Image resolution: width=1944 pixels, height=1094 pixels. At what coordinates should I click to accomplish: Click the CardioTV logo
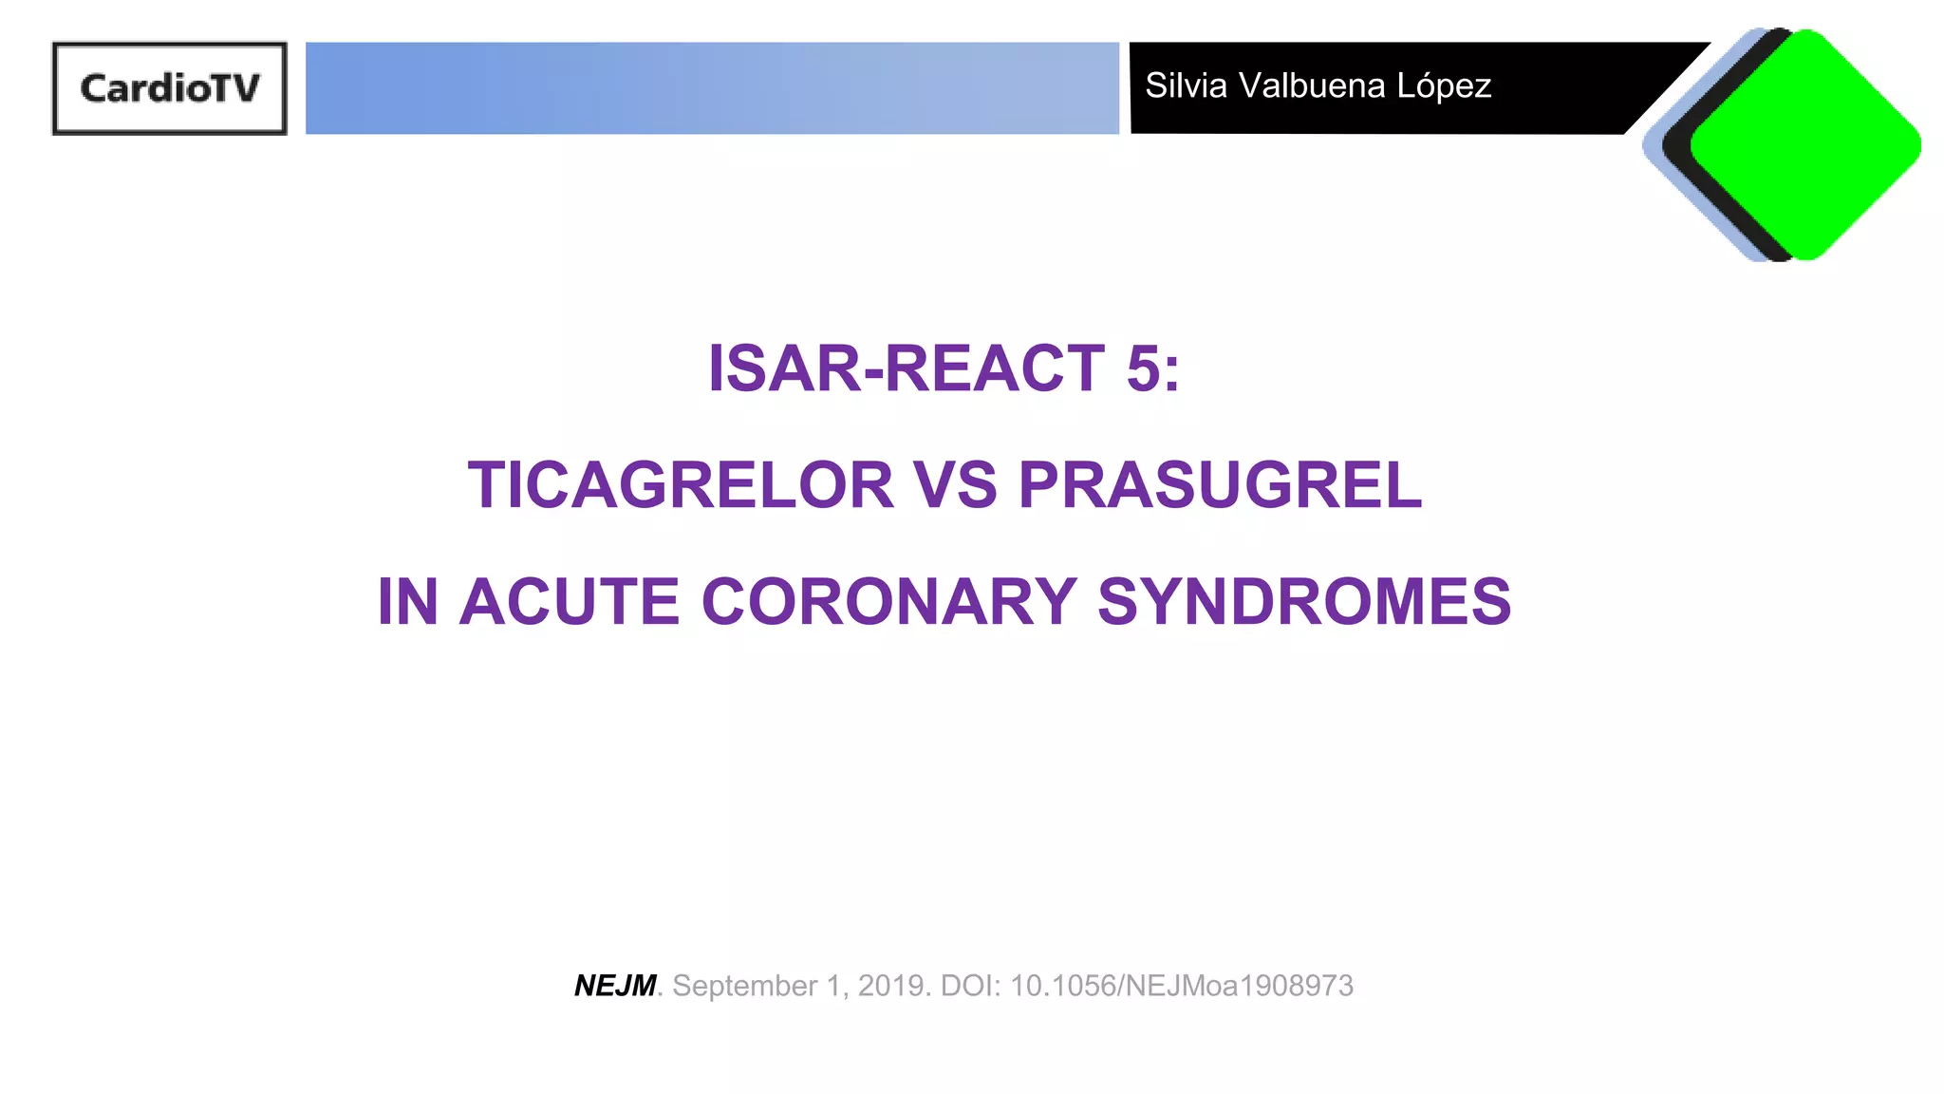tap(170, 88)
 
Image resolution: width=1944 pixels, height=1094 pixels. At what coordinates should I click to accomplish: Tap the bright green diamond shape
tap(1806, 144)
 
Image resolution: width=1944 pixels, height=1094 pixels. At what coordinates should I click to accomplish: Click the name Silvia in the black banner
tap(1187, 85)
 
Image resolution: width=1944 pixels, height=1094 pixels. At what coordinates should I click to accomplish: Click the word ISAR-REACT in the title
tap(906, 368)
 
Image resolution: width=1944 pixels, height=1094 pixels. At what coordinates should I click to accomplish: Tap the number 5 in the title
tap(1143, 368)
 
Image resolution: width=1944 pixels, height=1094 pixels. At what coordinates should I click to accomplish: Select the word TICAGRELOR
tap(681, 485)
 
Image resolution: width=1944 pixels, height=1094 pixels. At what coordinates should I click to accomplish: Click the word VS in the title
tap(955, 485)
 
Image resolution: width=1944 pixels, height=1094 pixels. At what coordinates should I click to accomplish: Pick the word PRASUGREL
tap(1220, 485)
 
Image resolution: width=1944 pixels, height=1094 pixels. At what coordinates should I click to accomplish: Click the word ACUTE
tap(570, 602)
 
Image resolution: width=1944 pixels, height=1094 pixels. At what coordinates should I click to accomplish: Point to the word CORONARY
tap(889, 602)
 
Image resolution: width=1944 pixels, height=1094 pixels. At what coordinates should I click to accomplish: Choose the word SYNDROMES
tap(1304, 602)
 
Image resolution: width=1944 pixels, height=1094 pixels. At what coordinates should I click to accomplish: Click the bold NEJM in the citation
tap(615, 986)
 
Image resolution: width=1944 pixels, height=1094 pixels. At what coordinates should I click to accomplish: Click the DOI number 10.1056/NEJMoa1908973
tap(1182, 986)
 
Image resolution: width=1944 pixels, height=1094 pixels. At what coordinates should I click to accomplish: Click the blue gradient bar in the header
tap(712, 88)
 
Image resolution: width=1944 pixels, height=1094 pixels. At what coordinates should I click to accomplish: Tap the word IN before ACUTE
tap(408, 602)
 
